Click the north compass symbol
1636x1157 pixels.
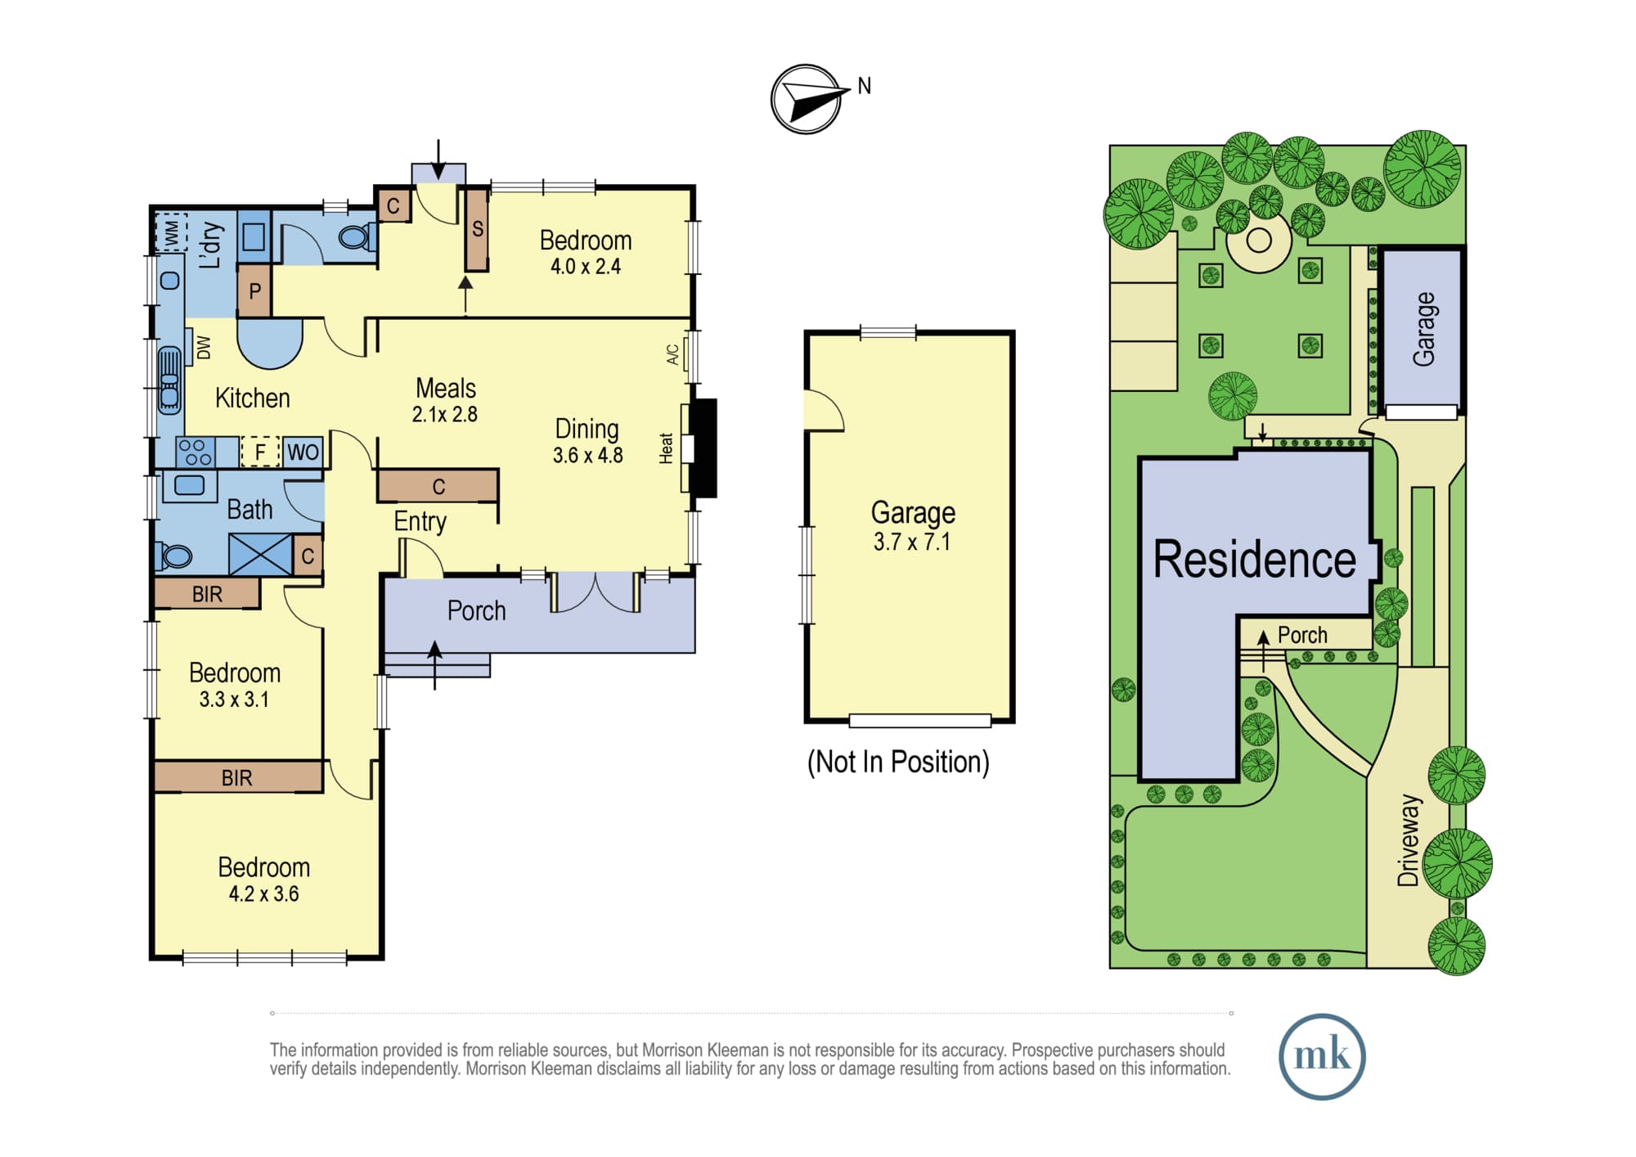pyautogui.click(x=807, y=99)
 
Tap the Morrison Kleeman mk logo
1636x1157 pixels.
pyautogui.click(x=1322, y=1056)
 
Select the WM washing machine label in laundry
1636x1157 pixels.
pyautogui.click(x=172, y=233)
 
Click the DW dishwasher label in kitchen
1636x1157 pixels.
pyautogui.click(x=204, y=348)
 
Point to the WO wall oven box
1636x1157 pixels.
pyautogui.click(x=303, y=452)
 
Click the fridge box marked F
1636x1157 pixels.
pyautogui.click(x=260, y=452)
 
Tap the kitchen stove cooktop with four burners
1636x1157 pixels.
pyautogui.click(x=196, y=452)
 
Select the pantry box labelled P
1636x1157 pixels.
pyautogui.click(x=254, y=290)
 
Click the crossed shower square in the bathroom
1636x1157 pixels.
pyautogui.click(x=260, y=555)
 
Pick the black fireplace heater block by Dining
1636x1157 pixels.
pyautogui.click(x=704, y=448)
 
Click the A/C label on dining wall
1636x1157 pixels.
pyautogui.click(x=672, y=354)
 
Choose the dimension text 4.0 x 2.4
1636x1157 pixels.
pyautogui.click(x=586, y=267)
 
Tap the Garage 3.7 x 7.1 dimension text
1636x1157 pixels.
pyautogui.click(x=912, y=542)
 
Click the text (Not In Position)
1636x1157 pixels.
pyautogui.click(x=898, y=762)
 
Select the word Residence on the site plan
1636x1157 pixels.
pyautogui.click(x=1254, y=560)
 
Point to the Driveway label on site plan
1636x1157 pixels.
pyautogui.click(x=1408, y=840)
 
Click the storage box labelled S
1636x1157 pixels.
pyautogui.click(x=477, y=230)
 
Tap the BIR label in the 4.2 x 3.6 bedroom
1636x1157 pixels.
pyautogui.click(x=237, y=777)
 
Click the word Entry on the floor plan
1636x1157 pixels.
pyautogui.click(x=420, y=522)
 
